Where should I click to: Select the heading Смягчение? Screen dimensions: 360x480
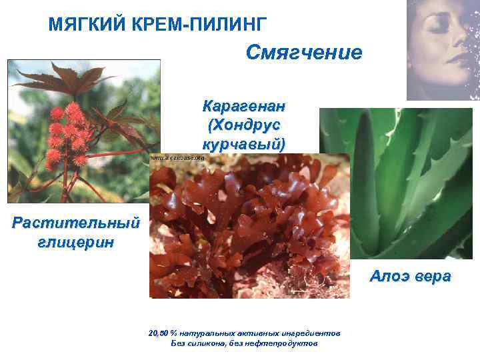304,52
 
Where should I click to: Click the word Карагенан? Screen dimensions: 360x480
244,107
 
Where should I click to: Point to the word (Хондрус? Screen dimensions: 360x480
244,125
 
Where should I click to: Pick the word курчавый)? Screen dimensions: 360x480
244,144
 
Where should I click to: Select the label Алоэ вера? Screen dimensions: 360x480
411,277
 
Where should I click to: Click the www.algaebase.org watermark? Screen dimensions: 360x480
177,159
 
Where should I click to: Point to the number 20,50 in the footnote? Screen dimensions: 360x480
159,333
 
